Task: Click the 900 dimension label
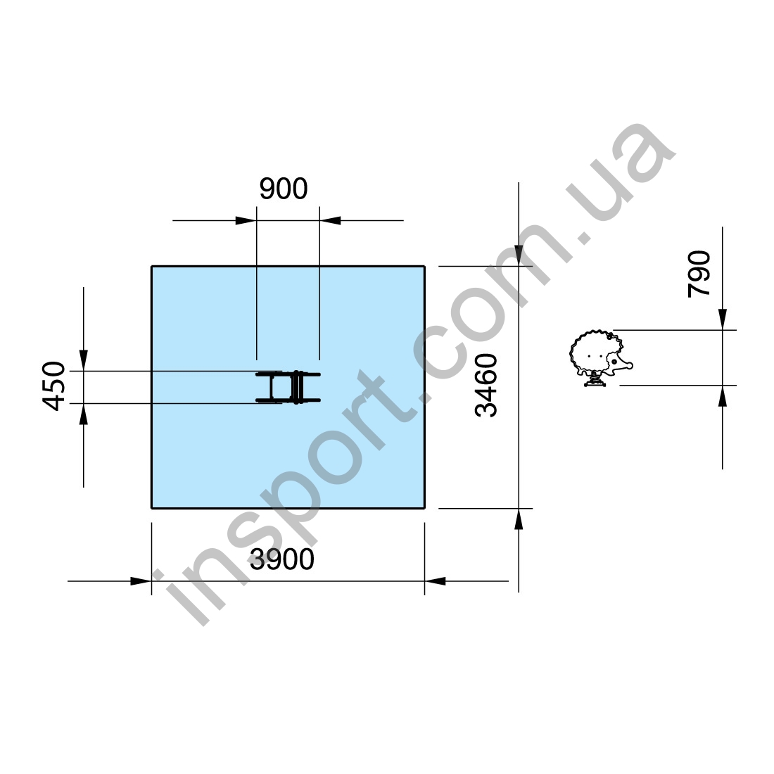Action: tap(284, 189)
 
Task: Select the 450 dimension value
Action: tap(53, 386)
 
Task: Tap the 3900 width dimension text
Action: tap(282, 559)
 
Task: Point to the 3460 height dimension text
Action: tap(486, 386)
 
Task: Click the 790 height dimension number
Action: tap(699, 274)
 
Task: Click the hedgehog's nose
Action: tap(629, 366)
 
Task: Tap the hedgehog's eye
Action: tap(614, 362)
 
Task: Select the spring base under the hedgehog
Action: tap(595, 380)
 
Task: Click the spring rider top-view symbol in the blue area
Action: tap(288, 387)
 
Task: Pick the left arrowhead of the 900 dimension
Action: tap(246, 221)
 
